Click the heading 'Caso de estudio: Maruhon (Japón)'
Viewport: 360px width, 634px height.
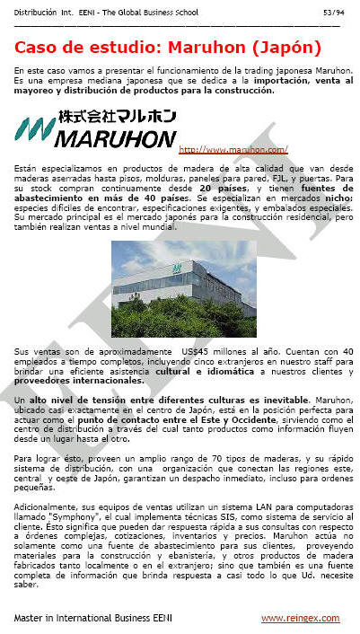[168, 48]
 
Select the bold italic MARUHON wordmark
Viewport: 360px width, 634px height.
[115, 140]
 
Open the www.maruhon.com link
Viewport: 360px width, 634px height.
[233, 149]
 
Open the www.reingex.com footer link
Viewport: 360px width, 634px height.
[300, 619]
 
